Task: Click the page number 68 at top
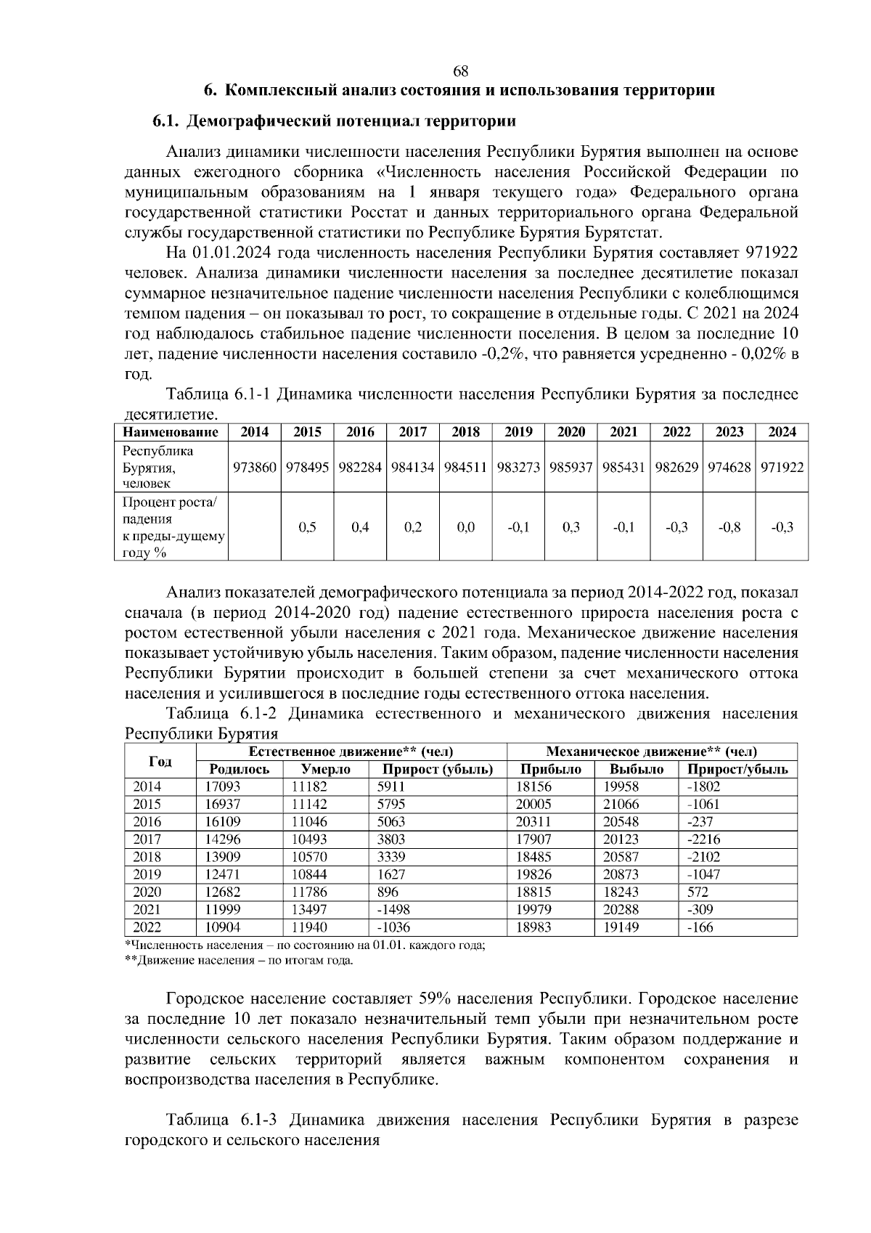coord(460,71)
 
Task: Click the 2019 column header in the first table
coord(518,432)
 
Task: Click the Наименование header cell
coord(171,432)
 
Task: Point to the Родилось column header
coord(239,769)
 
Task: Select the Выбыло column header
coord(636,769)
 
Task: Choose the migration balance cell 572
coord(698,892)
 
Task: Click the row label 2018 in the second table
coord(147,857)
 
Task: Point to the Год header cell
coord(160,760)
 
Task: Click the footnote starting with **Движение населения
coord(240,961)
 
